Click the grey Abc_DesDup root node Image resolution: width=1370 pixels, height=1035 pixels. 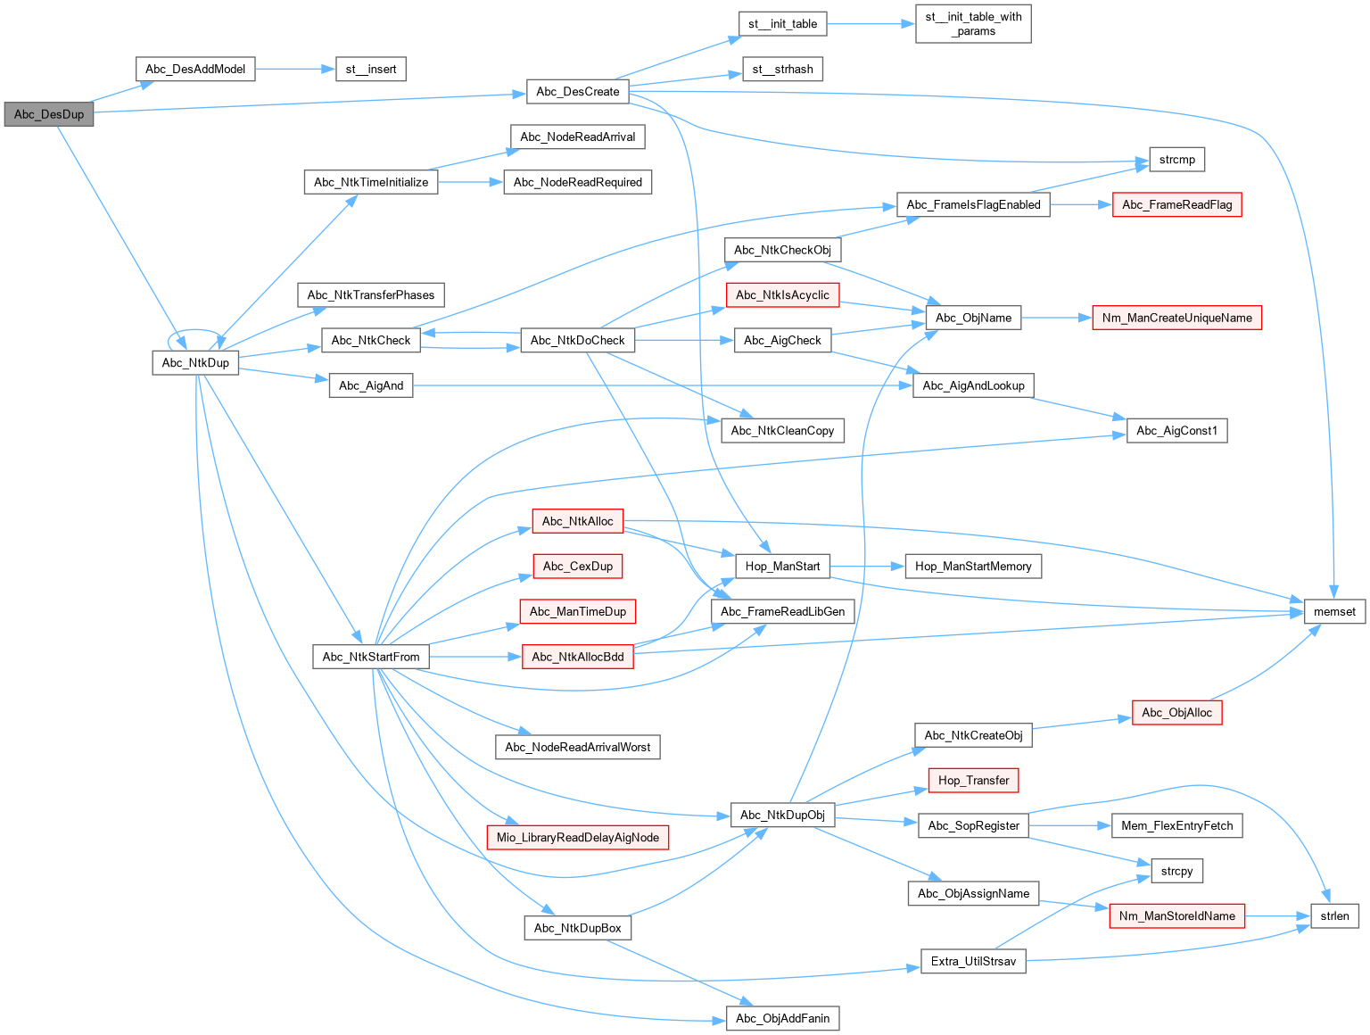click(x=49, y=114)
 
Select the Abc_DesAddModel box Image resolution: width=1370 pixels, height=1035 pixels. click(x=195, y=69)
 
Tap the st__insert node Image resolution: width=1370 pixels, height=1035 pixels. click(x=371, y=69)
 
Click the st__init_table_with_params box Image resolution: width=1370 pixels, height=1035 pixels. click(x=973, y=24)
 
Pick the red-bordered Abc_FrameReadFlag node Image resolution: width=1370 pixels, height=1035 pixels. click(x=1176, y=204)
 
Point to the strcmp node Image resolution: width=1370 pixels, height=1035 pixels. click(x=1176, y=160)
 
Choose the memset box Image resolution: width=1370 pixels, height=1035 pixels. click(x=1334, y=611)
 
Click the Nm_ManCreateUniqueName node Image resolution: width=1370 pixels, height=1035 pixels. click(x=1176, y=318)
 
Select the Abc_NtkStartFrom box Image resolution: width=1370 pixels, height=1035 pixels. click(x=371, y=657)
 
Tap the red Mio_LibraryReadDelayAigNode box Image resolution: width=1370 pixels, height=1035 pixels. click(x=578, y=837)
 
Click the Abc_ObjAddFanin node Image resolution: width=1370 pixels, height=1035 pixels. click(x=782, y=1018)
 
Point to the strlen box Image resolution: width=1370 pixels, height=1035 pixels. click(x=1334, y=915)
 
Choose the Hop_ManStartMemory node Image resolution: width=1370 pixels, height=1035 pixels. click(x=973, y=566)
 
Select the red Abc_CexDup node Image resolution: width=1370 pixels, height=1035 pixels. click(x=578, y=566)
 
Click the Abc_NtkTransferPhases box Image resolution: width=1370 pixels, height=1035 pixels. click(x=371, y=294)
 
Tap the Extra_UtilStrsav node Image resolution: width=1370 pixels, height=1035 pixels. click(x=973, y=961)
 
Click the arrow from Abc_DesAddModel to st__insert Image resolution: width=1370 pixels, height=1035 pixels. click(x=294, y=69)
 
